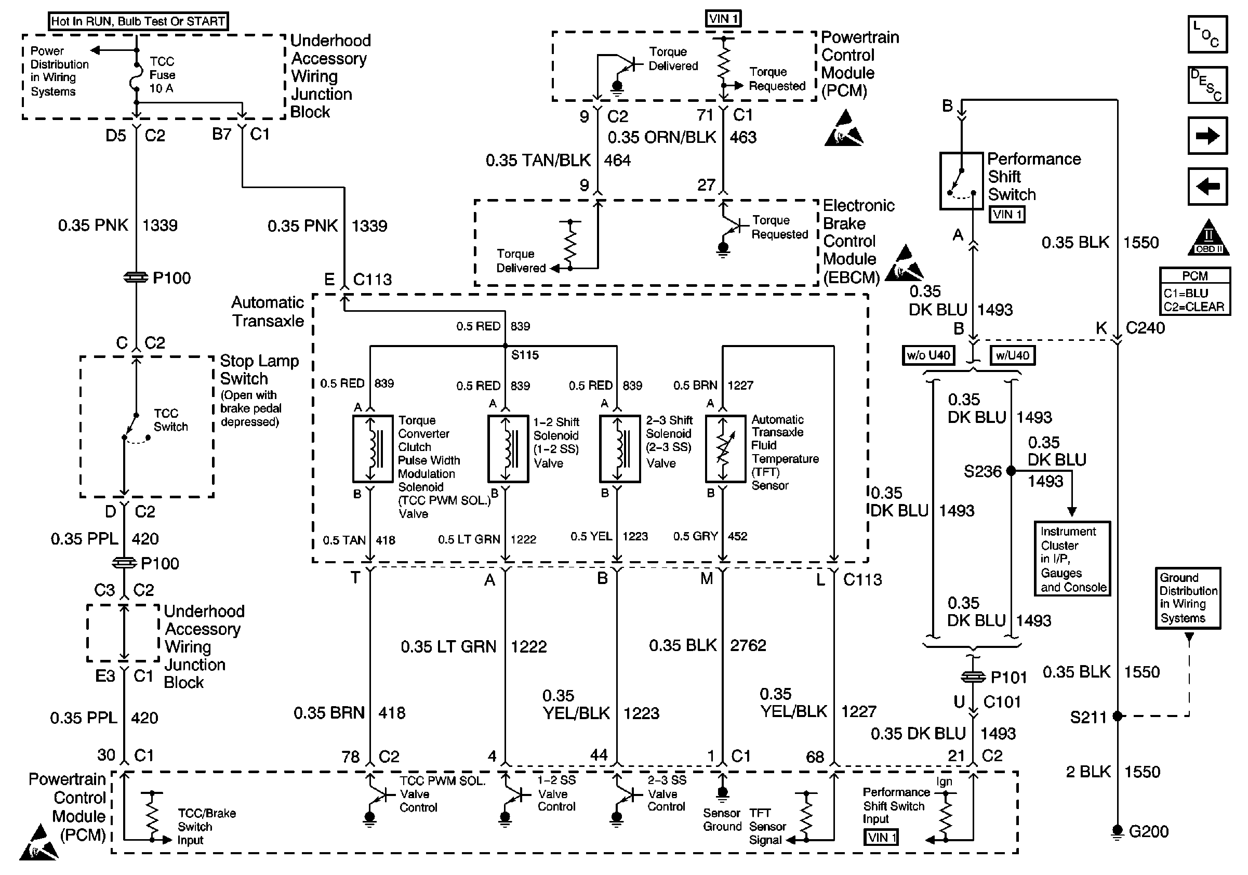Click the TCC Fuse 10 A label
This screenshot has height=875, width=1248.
pos(163,75)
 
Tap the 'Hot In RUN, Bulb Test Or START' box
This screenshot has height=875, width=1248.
pos(138,21)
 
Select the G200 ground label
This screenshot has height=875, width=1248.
pos(1149,831)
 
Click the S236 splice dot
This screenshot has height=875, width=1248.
pos(1011,471)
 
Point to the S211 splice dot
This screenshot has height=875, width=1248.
pos(1118,717)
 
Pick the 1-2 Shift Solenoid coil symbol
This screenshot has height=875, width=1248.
pos(508,449)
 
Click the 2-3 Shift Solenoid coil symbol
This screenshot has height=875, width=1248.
pos(620,449)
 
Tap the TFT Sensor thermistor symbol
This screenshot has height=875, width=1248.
pos(725,449)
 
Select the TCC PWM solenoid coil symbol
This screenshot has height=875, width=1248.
pos(373,449)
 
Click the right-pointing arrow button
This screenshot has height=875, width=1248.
pos(1207,136)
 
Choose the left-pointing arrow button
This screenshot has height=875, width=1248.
pos(1207,187)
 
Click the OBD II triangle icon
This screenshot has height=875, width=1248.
pos(1209,237)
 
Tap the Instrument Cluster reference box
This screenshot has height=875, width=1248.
pos(1072,559)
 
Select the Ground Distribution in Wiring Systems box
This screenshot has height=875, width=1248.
pos(1188,599)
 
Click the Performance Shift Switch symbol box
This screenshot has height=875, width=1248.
pos(962,181)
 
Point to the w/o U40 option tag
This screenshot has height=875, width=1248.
pos(928,355)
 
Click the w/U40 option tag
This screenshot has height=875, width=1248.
pos(1012,355)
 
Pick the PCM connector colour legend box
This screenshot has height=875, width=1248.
pos(1194,291)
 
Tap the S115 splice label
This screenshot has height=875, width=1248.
pos(525,355)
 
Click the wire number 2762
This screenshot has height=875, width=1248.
pos(748,645)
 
